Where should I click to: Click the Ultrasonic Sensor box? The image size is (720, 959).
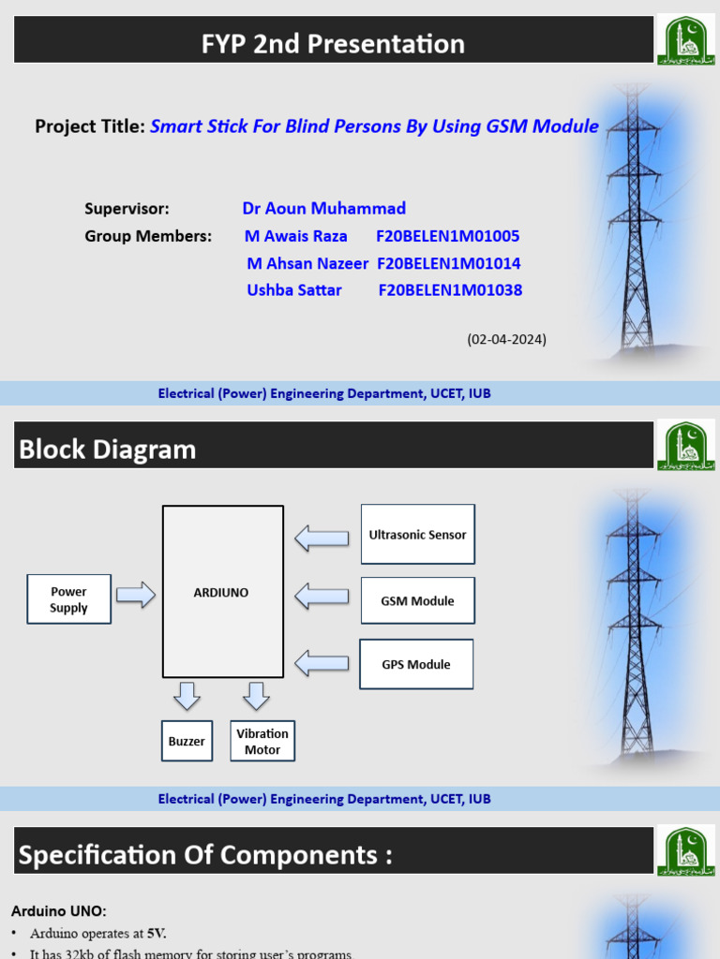(417, 535)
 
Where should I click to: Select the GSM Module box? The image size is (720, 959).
(417, 601)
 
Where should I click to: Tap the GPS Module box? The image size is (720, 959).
(415, 665)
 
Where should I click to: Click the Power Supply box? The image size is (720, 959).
(68, 599)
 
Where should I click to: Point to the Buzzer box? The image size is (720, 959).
(187, 742)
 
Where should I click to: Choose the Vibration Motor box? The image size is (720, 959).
(262, 741)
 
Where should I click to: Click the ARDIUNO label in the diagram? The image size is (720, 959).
(222, 593)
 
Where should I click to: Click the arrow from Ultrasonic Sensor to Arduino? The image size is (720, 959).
(322, 538)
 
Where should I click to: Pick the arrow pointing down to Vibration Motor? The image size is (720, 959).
(256, 696)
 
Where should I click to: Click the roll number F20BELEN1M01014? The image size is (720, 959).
(449, 264)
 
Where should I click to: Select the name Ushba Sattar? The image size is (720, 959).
(294, 290)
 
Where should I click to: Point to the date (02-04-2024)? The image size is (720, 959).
(506, 339)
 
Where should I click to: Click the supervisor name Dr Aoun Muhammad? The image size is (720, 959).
(323, 209)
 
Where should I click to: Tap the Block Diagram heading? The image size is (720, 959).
(108, 450)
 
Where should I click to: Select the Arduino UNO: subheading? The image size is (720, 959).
(59, 911)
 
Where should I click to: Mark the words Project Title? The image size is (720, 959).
(90, 126)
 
